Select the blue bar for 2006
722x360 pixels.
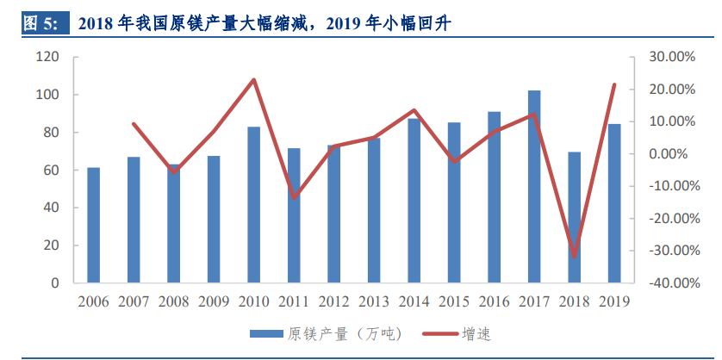(93, 225)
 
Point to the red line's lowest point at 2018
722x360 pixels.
(575, 256)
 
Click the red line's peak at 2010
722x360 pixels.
(254, 80)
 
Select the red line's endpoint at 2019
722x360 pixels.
(614, 84)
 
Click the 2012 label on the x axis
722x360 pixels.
(334, 301)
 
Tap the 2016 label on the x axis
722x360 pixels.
(495, 301)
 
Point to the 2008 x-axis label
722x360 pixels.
(174, 301)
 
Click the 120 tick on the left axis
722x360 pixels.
(47, 57)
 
